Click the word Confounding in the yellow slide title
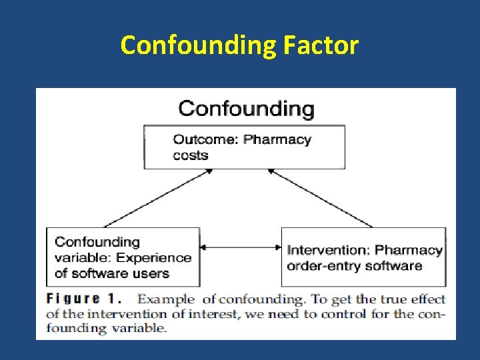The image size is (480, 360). pos(197,45)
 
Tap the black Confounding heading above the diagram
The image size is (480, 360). pos(246,107)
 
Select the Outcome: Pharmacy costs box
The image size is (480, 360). pos(245,147)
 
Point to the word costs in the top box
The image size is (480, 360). pos(191,155)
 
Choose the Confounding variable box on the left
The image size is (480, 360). pos(123,257)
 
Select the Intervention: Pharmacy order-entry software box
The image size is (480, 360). pos(364,257)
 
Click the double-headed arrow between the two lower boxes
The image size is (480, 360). pos(241,247)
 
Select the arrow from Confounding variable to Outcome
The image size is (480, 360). pos(157,199)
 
